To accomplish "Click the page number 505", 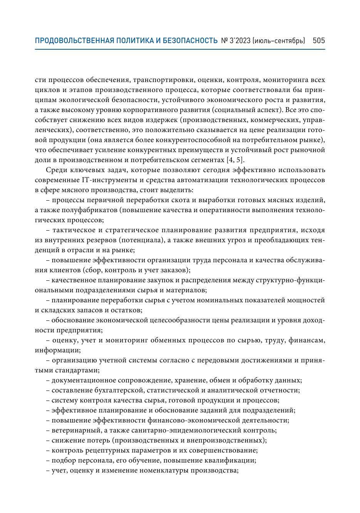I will pyautogui.click(x=319, y=41).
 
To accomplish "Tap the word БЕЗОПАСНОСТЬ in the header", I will pyautogui.click(x=191, y=41).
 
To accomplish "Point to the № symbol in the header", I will pyautogui.click(x=224, y=41).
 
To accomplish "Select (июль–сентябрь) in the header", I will pyautogui.click(x=279, y=41).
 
